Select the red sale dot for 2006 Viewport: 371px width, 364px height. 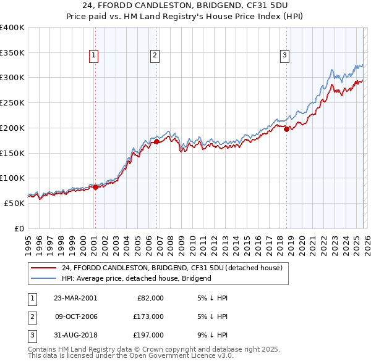point(156,141)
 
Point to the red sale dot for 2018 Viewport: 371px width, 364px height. point(287,129)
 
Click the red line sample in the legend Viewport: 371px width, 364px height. point(44,268)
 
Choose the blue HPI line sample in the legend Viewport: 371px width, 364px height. point(44,278)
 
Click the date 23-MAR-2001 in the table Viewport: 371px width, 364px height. point(75,298)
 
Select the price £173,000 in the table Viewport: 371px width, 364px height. point(148,316)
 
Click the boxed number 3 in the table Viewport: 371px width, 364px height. point(30,335)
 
